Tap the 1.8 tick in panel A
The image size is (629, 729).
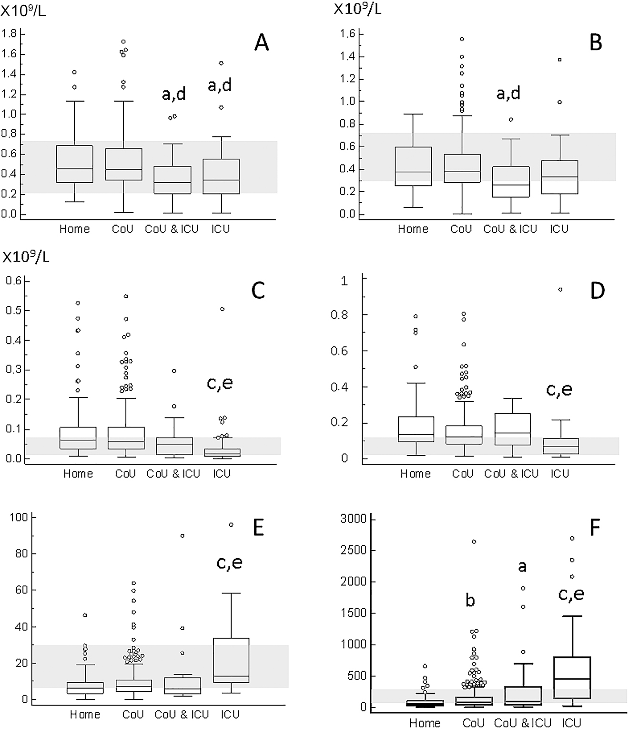10,34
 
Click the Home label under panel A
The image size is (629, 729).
74,229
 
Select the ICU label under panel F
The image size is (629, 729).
571,723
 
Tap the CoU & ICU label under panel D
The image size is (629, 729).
511,474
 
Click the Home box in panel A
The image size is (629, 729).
75,164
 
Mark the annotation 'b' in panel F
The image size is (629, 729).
470,601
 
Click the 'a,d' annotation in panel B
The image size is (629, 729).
508,93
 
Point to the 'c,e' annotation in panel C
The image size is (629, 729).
220,383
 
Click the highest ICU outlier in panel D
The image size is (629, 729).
560,290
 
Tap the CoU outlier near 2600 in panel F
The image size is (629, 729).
474,542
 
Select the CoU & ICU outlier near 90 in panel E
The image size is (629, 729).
182,536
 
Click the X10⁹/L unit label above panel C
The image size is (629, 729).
26,257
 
